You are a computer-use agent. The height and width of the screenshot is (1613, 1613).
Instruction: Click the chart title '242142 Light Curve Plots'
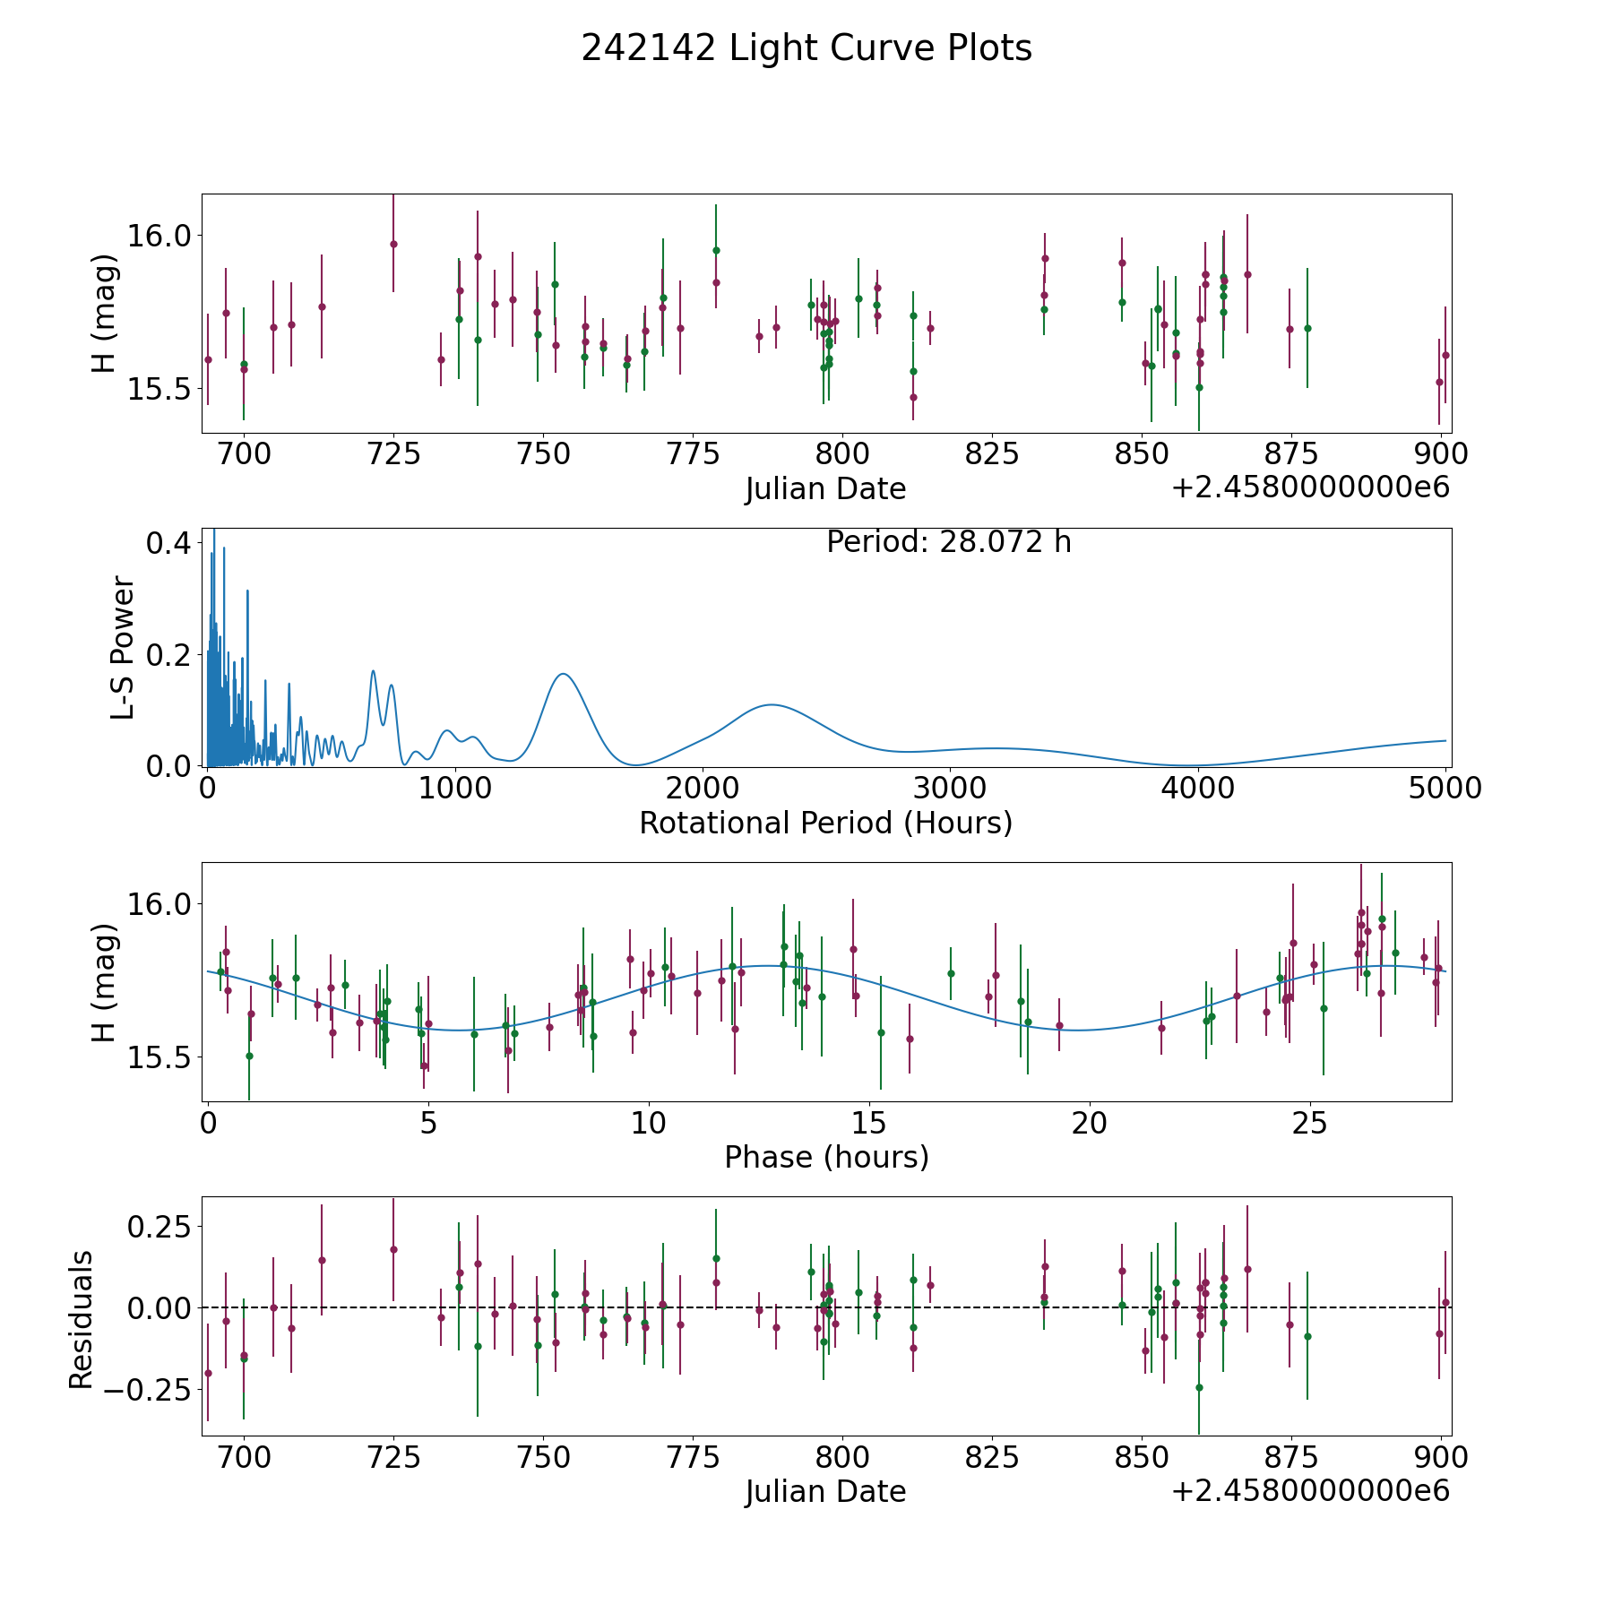[806, 48]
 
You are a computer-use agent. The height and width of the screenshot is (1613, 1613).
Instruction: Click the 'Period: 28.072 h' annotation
[948, 542]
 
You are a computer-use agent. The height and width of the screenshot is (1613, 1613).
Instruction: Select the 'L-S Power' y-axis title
[123, 647]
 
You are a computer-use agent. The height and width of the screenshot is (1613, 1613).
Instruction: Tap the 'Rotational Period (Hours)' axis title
[825, 823]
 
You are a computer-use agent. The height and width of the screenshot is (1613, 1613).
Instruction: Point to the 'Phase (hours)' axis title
[826, 1157]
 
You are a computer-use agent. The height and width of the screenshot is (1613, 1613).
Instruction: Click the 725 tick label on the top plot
[393, 454]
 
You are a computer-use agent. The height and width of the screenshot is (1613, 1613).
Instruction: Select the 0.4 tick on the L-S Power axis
[169, 543]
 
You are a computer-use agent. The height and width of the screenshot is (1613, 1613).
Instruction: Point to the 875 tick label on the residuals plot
[1290, 1457]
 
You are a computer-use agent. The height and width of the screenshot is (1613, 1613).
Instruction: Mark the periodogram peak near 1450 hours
[563, 674]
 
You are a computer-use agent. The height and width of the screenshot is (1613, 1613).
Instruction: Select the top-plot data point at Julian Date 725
[393, 244]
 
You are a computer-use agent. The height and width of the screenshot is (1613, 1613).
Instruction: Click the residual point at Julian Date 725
[393, 1249]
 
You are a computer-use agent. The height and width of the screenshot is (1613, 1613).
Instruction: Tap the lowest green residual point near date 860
[1199, 1387]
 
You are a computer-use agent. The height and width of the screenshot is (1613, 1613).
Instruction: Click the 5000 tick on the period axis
[1444, 789]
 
